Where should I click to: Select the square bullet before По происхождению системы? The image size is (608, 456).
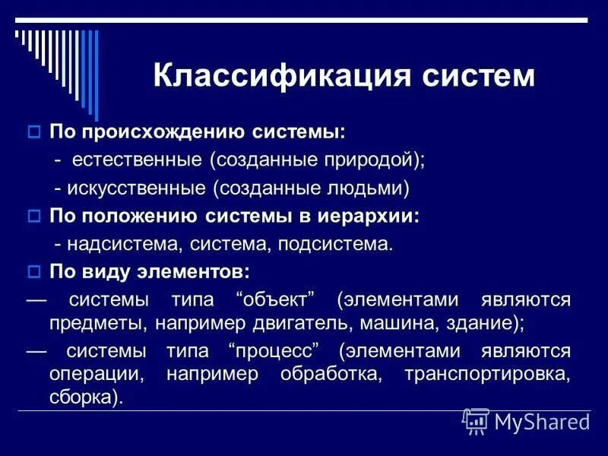coord(33,132)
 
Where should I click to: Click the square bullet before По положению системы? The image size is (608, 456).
coord(33,216)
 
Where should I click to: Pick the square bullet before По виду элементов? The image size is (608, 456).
coord(33,271)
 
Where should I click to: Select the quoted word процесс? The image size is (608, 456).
coord(271,350)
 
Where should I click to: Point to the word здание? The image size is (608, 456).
coord(482,322)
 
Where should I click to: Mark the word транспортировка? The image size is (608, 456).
coord(487,374)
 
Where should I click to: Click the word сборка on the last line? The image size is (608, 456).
coord(84,398)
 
